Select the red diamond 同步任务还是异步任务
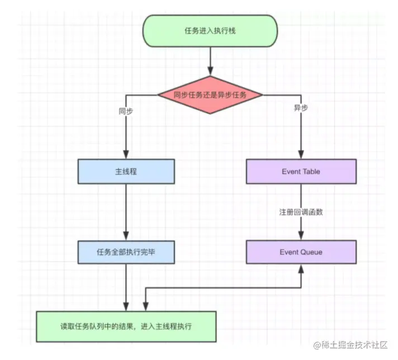(210, 95)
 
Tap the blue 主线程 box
(126, 171)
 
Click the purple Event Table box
(301, 171)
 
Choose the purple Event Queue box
(301, 252)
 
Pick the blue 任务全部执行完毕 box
(126, 252)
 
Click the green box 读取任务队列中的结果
(126, 326)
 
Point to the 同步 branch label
(126, 110)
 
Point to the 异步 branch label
(301, 108)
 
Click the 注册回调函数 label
(301, 212)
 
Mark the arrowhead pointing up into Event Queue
(301, 268)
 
